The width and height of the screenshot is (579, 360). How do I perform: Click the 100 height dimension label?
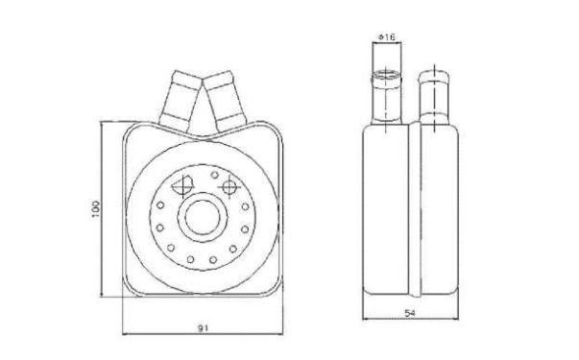96,208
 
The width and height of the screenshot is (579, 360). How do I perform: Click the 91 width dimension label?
203,328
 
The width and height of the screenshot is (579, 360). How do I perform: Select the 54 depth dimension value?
410,314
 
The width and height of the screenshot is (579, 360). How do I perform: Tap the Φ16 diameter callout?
386,36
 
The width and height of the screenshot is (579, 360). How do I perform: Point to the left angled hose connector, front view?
180,101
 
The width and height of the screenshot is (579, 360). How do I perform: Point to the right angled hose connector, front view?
225,101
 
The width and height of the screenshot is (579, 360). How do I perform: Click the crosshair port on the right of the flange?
229,187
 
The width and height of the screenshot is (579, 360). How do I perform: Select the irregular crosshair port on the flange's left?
182,185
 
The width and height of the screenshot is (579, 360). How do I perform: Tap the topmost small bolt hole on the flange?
214,175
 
